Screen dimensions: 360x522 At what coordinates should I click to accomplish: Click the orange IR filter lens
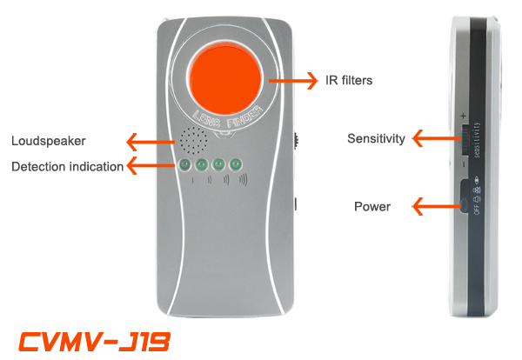225,79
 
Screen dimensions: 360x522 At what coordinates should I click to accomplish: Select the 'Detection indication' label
67,166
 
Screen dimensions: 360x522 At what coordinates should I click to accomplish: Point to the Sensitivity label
376,138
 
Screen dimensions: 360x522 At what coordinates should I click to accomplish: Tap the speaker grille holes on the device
193,139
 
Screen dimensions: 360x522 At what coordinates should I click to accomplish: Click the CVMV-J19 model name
93,340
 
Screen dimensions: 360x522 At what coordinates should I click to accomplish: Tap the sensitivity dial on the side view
464,139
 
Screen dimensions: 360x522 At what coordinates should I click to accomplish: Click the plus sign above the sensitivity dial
464,116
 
